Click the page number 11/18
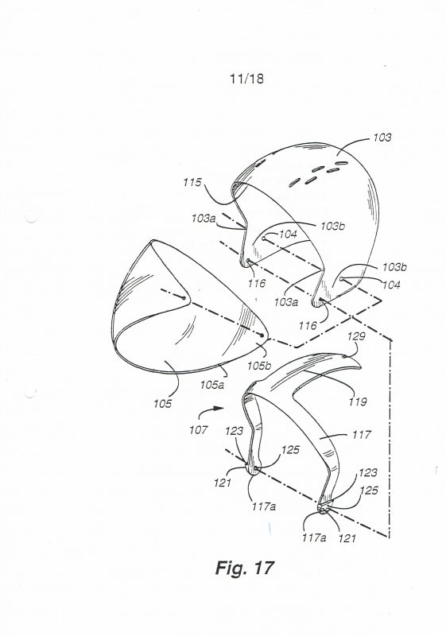click(246, 78)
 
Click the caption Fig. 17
click(245, 568)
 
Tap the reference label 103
click(382, 138)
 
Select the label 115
click(192, 182)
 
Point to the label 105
click(163, 404)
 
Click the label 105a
click(211, 385)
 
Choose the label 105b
click(259, 366)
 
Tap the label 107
click(198, 429)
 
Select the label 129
click(356, 336)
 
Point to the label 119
click(358, 401)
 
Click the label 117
click(361, 434)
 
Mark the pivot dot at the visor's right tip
click(262, 335)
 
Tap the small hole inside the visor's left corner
click(184, 299)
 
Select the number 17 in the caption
click(264, 567)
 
